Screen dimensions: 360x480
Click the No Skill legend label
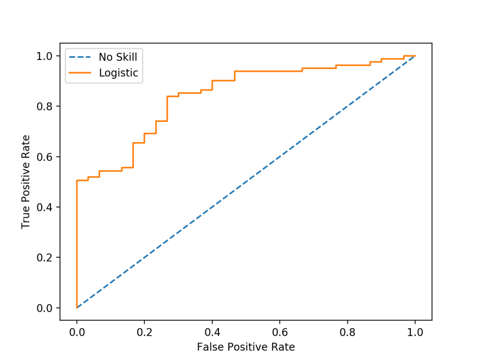(x=118, y=57)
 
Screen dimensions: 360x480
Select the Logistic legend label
(x=118, y=73)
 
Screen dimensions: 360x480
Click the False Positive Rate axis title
(x=246, y=347)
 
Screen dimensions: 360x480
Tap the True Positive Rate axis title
(x=26, y=182)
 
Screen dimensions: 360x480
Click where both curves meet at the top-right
(x=415, y=56)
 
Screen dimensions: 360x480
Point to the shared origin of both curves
(x=77, y=308)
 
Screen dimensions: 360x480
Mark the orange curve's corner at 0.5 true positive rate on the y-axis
(x=77, y=180)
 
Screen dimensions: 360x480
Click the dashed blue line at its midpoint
(x=246, y=182)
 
